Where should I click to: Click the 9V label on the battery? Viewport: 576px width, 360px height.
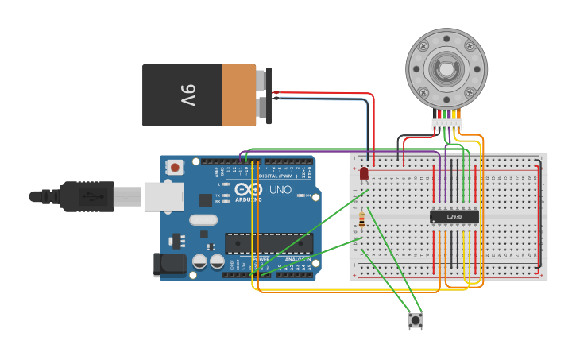[187, 95]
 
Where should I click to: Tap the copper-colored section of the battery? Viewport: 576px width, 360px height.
[239, 95]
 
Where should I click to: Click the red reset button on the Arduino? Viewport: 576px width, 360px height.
[175, 167]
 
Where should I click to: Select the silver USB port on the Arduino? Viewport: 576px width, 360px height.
[164, 196]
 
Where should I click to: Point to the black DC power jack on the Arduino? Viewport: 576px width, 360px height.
[169, 265]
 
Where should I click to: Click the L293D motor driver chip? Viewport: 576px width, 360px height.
[454, 216]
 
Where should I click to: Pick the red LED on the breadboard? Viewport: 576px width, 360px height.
[364, 172]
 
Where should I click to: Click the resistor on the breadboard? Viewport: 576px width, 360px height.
[362, 219]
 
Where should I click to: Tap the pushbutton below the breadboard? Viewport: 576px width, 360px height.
[416, 321]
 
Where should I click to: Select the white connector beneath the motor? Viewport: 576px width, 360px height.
[446, 125]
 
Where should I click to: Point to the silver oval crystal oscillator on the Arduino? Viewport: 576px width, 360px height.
[203, 220]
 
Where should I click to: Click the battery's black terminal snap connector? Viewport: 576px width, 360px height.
[269, 95]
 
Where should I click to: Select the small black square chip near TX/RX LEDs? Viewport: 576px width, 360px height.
[206, 200]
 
